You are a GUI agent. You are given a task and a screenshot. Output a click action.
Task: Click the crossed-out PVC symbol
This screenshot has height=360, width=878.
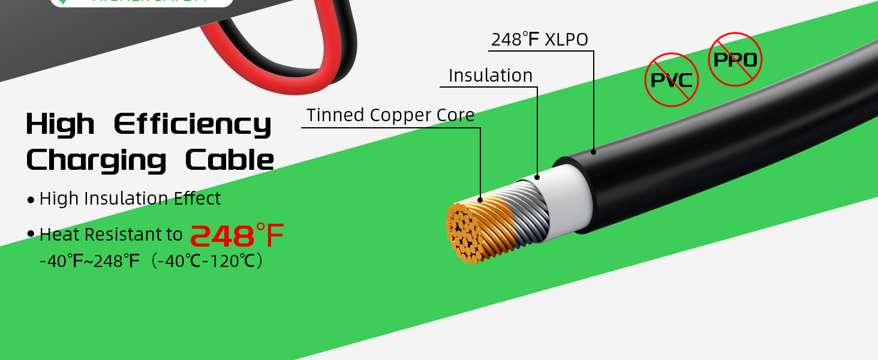click(x=672, y=80)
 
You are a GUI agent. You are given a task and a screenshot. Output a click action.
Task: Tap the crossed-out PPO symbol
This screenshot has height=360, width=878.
click(x=735, y=59)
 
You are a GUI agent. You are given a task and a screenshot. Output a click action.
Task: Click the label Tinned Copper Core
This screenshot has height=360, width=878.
click(x=390, y=115)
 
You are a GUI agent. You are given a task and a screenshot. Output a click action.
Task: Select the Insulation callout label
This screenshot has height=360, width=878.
click(x=491, y=76)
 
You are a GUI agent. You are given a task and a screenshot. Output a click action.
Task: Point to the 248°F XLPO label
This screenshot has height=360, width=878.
click(x=540, y=40)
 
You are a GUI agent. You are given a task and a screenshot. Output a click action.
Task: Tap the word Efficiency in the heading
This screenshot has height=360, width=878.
click(x=193, y=125)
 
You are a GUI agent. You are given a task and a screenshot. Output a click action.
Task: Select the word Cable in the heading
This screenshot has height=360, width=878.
click(x=229, y=160)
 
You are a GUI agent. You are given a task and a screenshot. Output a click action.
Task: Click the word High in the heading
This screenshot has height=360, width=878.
click(x=60, y=124)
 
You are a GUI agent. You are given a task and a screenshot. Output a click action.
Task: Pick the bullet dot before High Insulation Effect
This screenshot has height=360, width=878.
click(x=31, y=200)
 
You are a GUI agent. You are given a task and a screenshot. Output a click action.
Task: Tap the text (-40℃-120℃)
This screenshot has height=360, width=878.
click(x=207, y=262)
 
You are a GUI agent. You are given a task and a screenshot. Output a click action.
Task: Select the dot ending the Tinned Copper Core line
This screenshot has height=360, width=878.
click(x=480, y=200)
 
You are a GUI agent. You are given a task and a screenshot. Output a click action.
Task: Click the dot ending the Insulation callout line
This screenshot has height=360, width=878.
click(x=537, y=177)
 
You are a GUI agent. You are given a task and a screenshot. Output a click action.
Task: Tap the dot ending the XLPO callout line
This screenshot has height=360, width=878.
click(x=594, y=152)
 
